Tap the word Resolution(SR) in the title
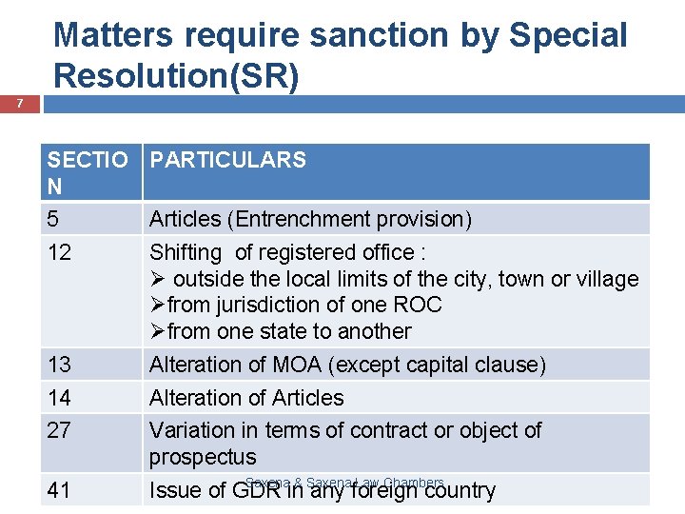click(177, 74)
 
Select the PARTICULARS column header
click(228, 160)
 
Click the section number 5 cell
click(53, 219)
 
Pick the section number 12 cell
click(59, 252)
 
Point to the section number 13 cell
click(59, 365)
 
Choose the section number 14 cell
click(59, 398)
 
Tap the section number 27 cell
click(59, 430)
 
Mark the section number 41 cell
click(59, 490)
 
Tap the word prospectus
click(203, 457)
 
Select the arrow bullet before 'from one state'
click(158, 332)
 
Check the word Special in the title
click(569, 35)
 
